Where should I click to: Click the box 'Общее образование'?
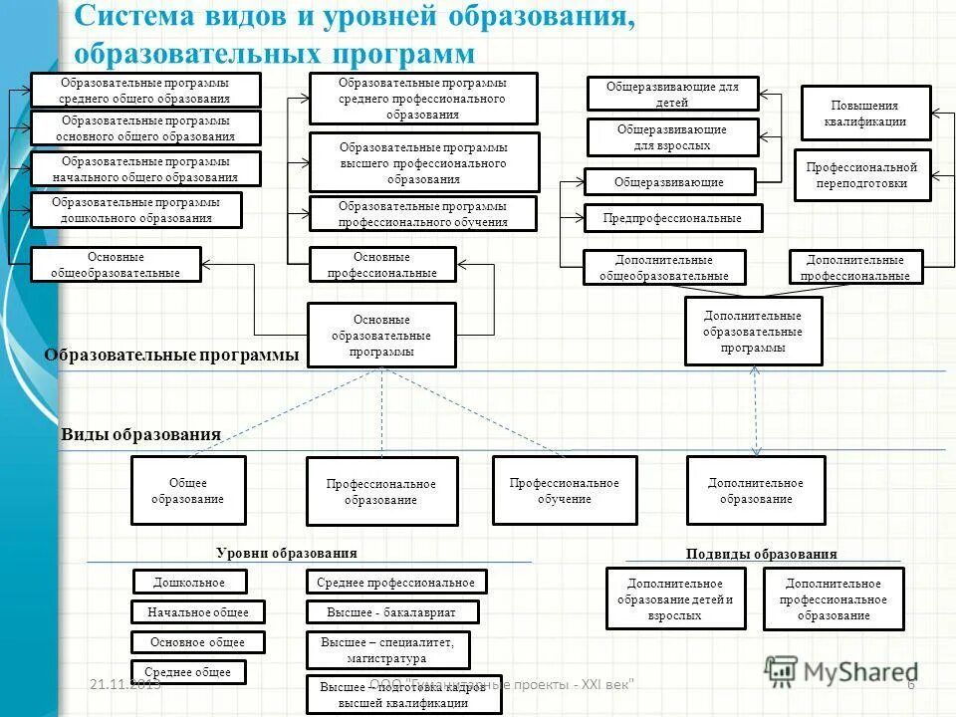[188, 490]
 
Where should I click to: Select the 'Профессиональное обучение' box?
[564, 490]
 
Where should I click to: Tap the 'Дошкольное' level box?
[189, 582]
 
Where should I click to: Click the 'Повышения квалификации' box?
[865, 114]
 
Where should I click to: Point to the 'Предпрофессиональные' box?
[672, 217]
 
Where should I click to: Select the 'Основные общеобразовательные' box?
[116, 264]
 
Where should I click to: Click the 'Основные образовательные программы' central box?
[381, 336]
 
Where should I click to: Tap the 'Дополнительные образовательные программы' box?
[754, 331]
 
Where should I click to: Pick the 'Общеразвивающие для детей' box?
[672, 94]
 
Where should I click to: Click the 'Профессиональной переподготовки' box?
[861, 175]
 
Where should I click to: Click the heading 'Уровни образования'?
[286, 553]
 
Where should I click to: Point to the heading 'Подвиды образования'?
[762, 554]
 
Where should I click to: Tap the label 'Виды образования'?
[140, 434]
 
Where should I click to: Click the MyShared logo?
[841, 672]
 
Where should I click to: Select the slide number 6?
[910, 683]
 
